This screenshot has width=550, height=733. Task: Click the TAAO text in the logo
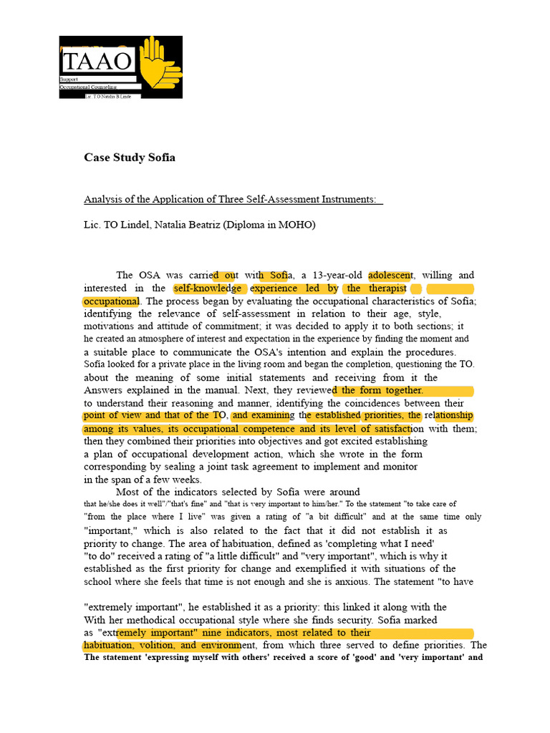97,59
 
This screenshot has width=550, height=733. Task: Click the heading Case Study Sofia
129,157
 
